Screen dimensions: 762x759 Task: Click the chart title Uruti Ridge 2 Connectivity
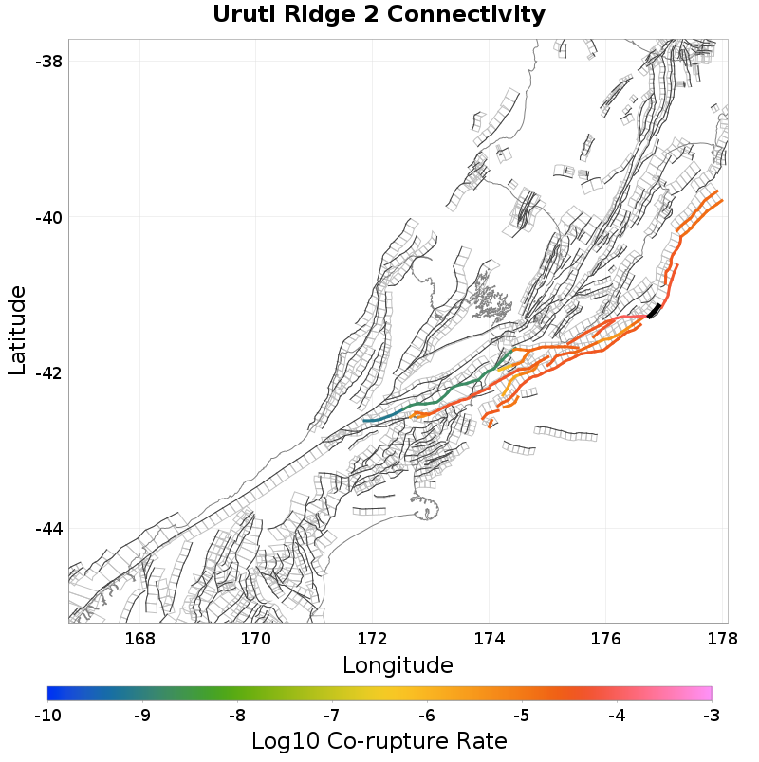point(379,15)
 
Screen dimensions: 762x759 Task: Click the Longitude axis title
point(398,664)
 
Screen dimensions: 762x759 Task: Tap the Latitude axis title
point(18,332)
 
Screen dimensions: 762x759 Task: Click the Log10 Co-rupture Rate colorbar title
point(379,741)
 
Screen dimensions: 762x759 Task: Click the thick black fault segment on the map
point(654,311)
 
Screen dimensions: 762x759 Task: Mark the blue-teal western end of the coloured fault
point(371,420)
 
